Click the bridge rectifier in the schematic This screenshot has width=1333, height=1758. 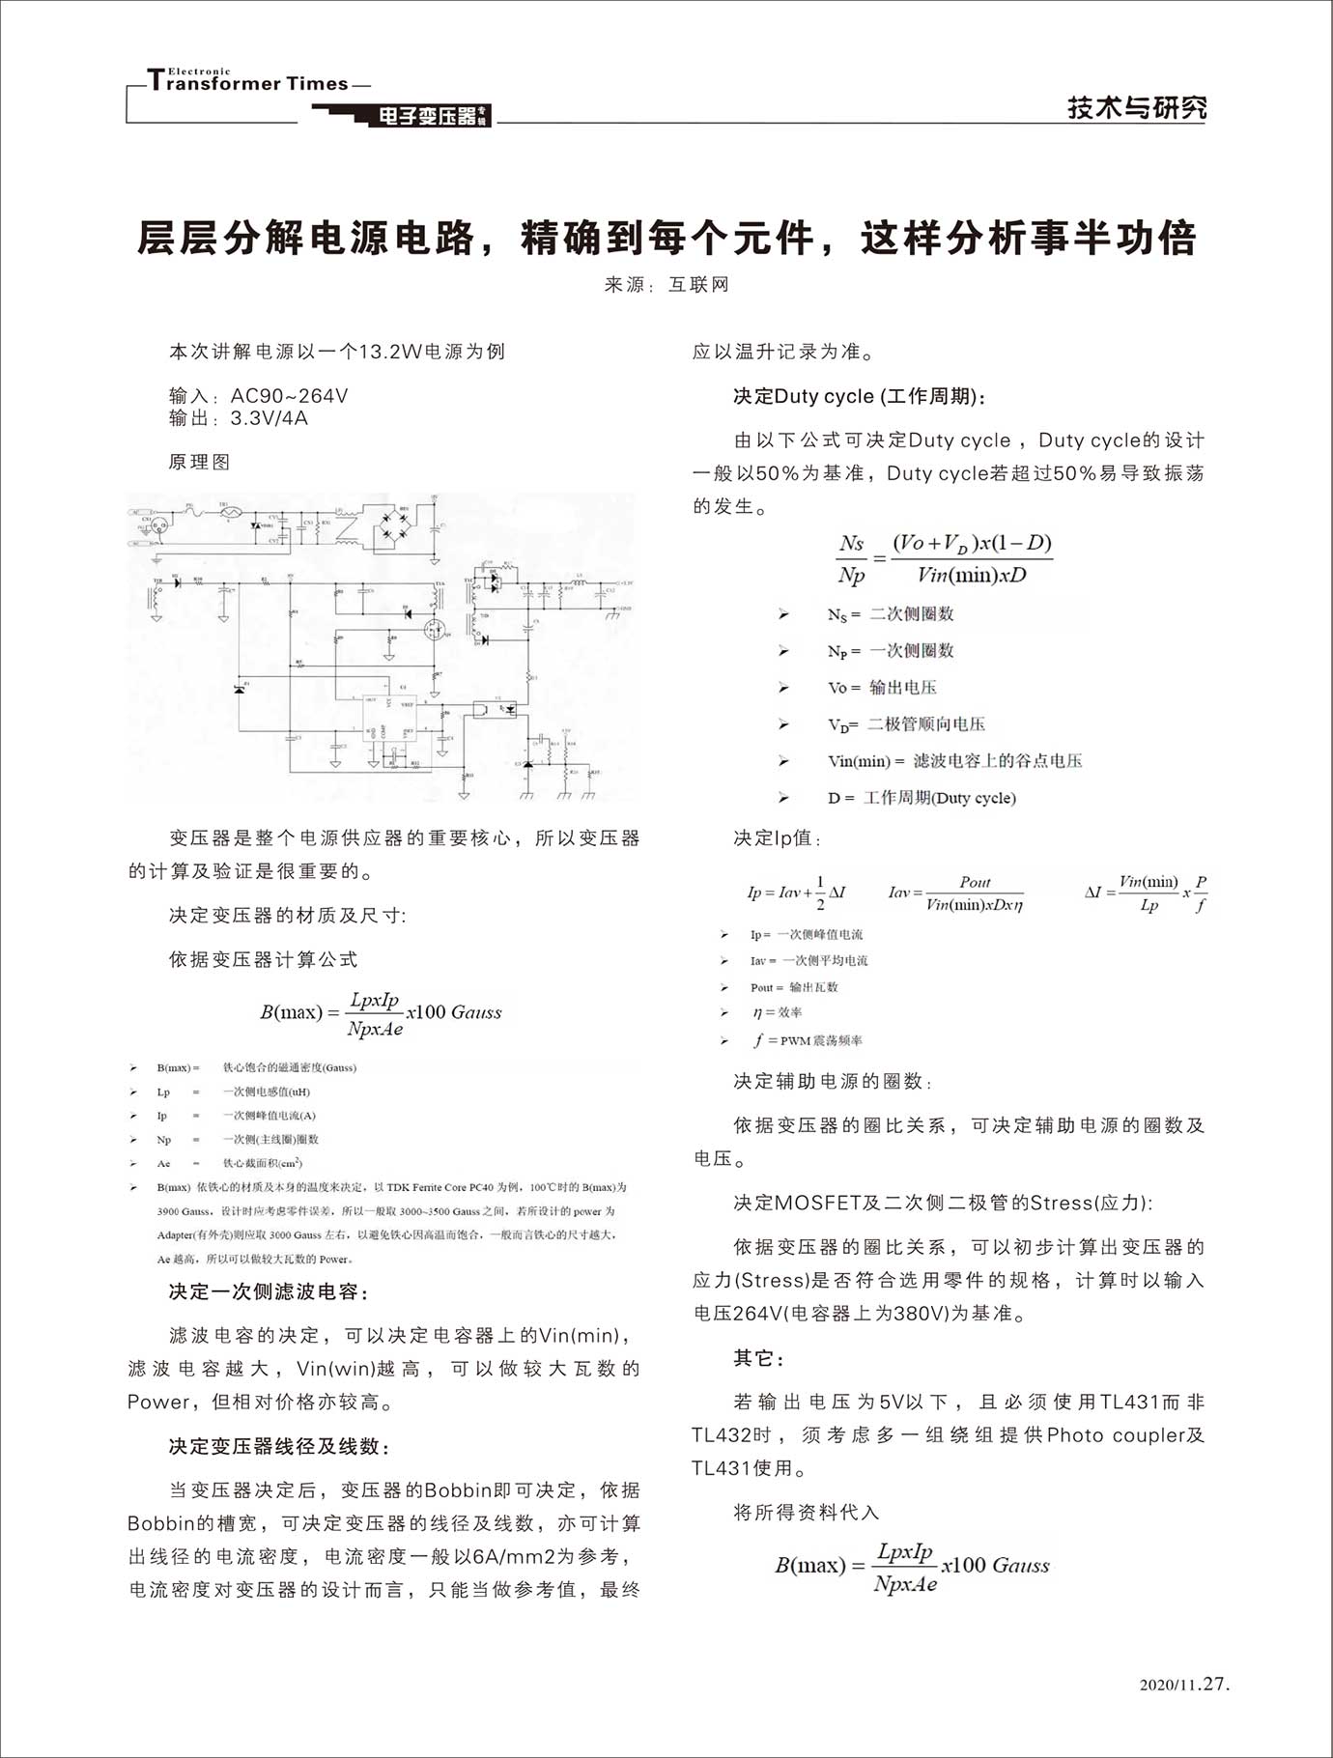[395, 525]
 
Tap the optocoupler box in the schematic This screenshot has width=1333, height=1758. [495, 709]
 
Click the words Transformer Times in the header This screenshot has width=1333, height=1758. [248, 82]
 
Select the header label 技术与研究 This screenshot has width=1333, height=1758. [1136, 106]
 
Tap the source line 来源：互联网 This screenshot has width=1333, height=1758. [666, 285]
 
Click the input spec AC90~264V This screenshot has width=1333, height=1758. [258, 396]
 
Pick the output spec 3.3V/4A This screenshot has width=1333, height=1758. [238, 418]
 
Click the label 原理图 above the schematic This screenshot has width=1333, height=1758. [199, 462]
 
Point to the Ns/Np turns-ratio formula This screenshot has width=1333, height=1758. [944, 558]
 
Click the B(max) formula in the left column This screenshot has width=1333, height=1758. [381, 1013]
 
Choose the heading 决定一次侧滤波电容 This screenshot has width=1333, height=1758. [268, 1291]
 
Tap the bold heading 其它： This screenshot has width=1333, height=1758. [759, 1358]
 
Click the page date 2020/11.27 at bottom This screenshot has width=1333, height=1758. [1184, 1685]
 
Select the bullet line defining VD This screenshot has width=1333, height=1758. [905, 724]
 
